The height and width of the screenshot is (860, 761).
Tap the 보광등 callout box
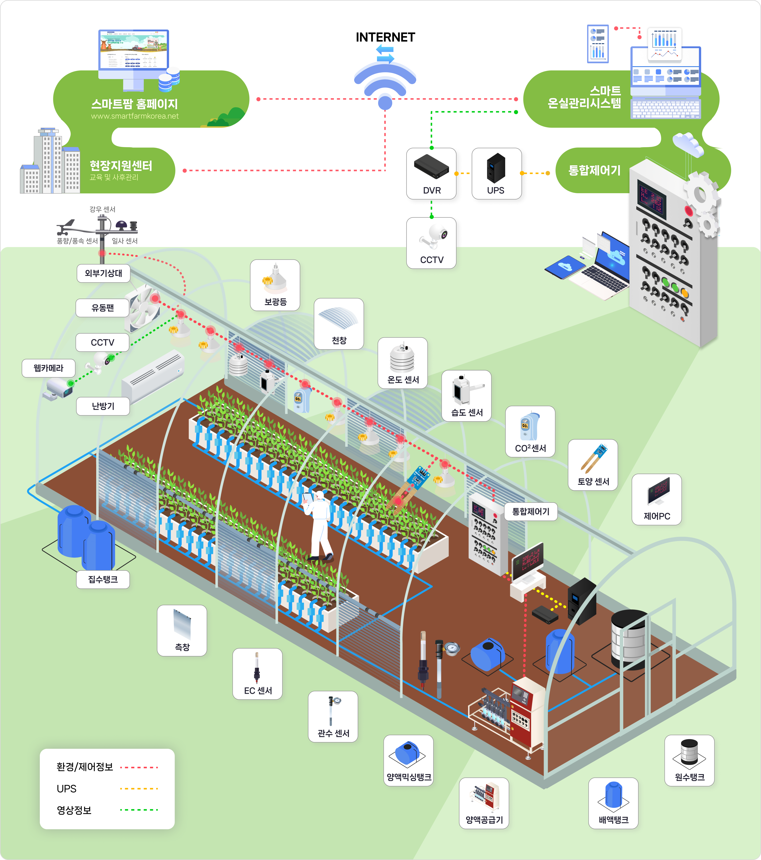click(x=275, y=285)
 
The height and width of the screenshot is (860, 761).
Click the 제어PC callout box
click(x=657, y=499)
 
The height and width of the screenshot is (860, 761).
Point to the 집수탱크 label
click(x=103, y=579)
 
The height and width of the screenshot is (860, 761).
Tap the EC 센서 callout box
click(x=257, y=674)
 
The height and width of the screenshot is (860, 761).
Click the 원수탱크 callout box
click(x=689, y=760)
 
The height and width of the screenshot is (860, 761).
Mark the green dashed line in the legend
click(x=139, y=810)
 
